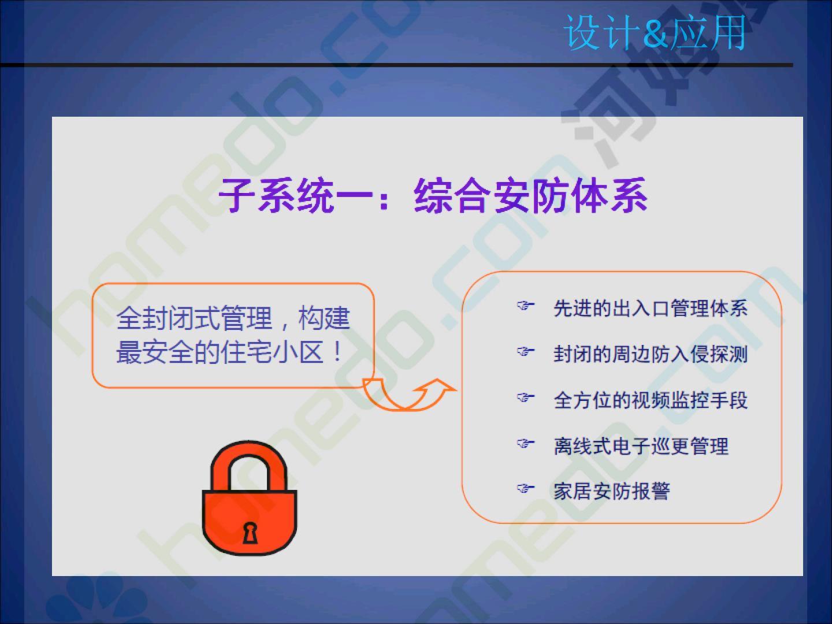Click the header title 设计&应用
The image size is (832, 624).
point(655,34)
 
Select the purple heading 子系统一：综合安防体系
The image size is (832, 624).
point(433,195)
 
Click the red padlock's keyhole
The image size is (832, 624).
point(250,533)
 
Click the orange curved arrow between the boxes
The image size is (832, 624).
point(410,394)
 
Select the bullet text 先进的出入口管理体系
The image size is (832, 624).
point(651,309)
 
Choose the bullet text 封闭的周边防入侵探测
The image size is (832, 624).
point(651,354)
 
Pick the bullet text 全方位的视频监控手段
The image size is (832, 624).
point(651,400)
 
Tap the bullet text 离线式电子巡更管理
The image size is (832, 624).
point(641,446)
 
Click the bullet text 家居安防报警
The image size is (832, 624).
point(612,491)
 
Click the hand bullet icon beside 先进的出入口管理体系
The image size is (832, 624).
point(526,306)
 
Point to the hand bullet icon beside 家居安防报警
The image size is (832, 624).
point(526,489)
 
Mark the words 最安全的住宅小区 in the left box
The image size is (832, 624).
point(220,352)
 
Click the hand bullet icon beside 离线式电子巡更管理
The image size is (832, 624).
point(526,443)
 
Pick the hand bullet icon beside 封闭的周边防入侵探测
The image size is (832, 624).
point(526,352)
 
